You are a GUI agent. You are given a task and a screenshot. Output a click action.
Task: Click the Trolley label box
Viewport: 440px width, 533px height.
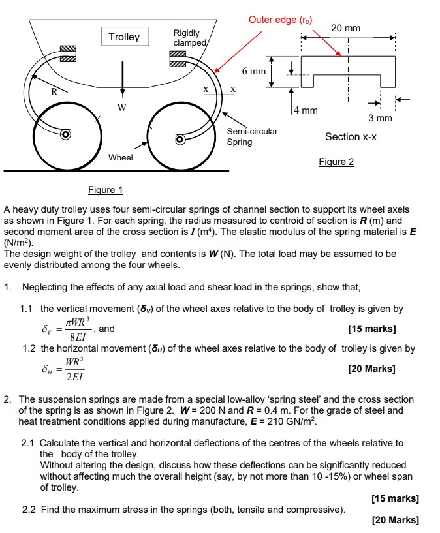[x=124, y=37]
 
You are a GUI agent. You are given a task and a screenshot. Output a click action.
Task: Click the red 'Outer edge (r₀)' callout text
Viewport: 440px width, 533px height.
[x=280, y=20]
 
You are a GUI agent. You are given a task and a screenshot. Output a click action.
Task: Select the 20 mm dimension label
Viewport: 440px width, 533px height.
[x=345, y=28]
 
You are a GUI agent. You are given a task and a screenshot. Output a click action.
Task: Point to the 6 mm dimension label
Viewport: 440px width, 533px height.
[x=254, y=70]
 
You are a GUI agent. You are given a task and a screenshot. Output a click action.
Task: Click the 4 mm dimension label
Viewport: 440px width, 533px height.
[x=306, y=110]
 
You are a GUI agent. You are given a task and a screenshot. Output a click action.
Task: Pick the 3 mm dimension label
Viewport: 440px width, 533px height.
[x=380, y=118]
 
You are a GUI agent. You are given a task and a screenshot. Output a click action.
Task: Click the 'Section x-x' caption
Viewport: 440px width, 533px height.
[x=351, y=136]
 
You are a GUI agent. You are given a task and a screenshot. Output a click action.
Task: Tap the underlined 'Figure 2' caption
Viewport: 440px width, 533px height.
[x=336, y=161]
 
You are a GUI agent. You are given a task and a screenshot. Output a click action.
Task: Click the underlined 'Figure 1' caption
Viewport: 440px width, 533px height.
[x=106, y=190]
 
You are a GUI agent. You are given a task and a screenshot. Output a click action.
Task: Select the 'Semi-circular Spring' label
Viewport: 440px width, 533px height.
[x=252, y=136]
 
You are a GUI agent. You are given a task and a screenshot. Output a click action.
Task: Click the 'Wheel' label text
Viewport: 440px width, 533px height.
[x=120, y=157]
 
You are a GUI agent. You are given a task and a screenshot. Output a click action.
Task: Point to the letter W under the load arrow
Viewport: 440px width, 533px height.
[x=122, y=106]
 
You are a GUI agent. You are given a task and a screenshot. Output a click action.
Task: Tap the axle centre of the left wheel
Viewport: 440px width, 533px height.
[x=65, y=135]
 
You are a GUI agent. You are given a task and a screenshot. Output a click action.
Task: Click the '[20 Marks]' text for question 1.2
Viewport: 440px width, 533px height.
[x=372, y=369]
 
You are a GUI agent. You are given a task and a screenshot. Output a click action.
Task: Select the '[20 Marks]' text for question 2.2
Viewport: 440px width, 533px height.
[x=395, y=520]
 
